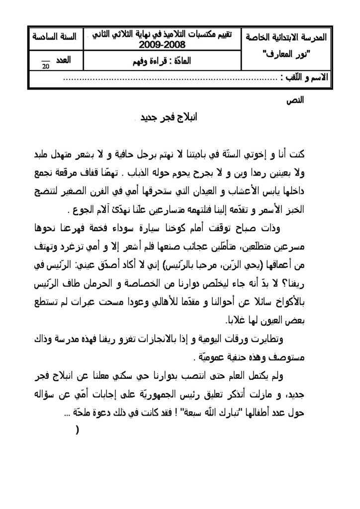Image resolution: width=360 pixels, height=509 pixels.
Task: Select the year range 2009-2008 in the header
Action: click(162, 46)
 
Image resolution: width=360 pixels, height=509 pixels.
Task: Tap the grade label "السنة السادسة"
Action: click(53, 37)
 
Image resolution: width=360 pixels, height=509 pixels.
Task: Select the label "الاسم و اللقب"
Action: click(304, 78)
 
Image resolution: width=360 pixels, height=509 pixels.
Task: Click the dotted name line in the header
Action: click(172, 80)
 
